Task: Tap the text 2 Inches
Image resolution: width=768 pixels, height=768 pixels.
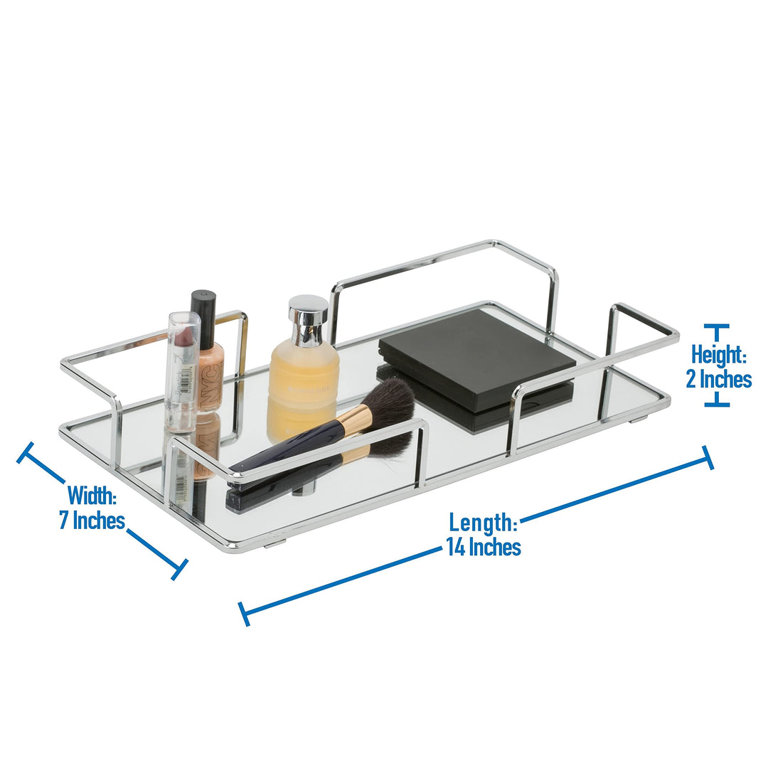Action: click(718, 379)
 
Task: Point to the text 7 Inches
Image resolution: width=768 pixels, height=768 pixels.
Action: click(91, 520)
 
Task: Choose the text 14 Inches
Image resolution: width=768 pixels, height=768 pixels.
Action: click(483, 547)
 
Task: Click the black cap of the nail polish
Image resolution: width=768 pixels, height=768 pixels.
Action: click(203, 309)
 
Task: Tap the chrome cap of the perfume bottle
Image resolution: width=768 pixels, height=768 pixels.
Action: click(308, 320)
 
